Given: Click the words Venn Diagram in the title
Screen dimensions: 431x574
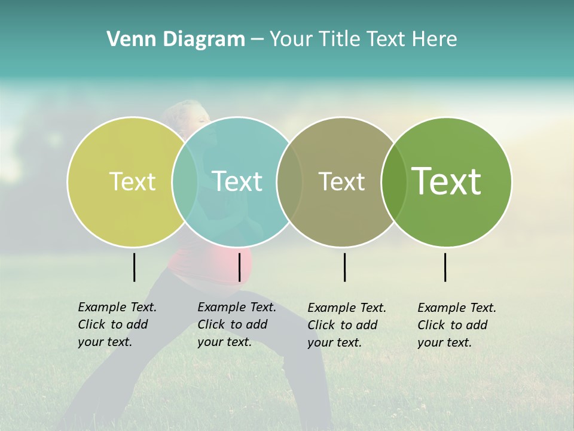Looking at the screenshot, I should pos(176,40).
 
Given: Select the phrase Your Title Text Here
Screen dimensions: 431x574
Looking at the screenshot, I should pos(363,40).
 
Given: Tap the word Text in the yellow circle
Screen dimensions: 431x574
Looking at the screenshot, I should pos(132,181).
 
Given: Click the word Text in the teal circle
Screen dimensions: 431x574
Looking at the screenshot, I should pos(237,181).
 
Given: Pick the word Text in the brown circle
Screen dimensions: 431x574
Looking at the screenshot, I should pos(341,181).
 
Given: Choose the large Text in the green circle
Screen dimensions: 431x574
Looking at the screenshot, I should pos(447,181).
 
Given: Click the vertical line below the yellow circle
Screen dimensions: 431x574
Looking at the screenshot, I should pos(135,267).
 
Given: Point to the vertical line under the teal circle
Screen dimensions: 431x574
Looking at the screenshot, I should pos(239,267).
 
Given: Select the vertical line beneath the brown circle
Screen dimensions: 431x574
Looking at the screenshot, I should pos(344,267).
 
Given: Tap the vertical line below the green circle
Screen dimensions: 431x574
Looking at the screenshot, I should pos(445,267).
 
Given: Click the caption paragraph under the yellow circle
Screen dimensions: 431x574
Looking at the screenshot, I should pos(117,324).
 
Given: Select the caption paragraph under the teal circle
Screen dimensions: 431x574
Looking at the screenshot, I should pos(237,324).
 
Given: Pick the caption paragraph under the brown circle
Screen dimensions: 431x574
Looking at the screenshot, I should pos(347,325).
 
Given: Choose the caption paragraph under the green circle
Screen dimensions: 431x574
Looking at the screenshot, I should pos(457,325).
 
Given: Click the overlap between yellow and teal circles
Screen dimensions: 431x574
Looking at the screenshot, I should pos(185,182).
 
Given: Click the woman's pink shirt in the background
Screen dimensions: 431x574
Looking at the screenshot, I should pos(209,263).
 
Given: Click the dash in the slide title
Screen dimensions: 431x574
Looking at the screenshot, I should pos(257,40).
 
